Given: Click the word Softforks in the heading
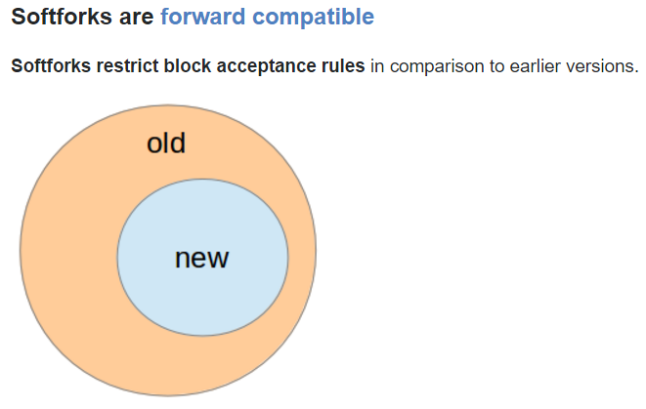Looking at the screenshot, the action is [62, 17].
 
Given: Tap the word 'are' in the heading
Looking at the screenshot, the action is [137, 19].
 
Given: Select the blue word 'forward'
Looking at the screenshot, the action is [202, 17].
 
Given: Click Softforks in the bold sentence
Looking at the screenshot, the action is [51, 65].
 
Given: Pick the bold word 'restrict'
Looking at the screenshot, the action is [127, 65].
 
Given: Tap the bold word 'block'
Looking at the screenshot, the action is [188, 65].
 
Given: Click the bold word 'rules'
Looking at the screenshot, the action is [343, 65].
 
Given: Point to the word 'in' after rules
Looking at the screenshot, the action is [377, 66].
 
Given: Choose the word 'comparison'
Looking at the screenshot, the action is [437, 67].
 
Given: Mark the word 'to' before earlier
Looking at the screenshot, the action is [496, 66].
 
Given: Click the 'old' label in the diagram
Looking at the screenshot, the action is [166, 143].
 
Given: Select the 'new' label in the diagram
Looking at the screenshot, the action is [202, 259].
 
